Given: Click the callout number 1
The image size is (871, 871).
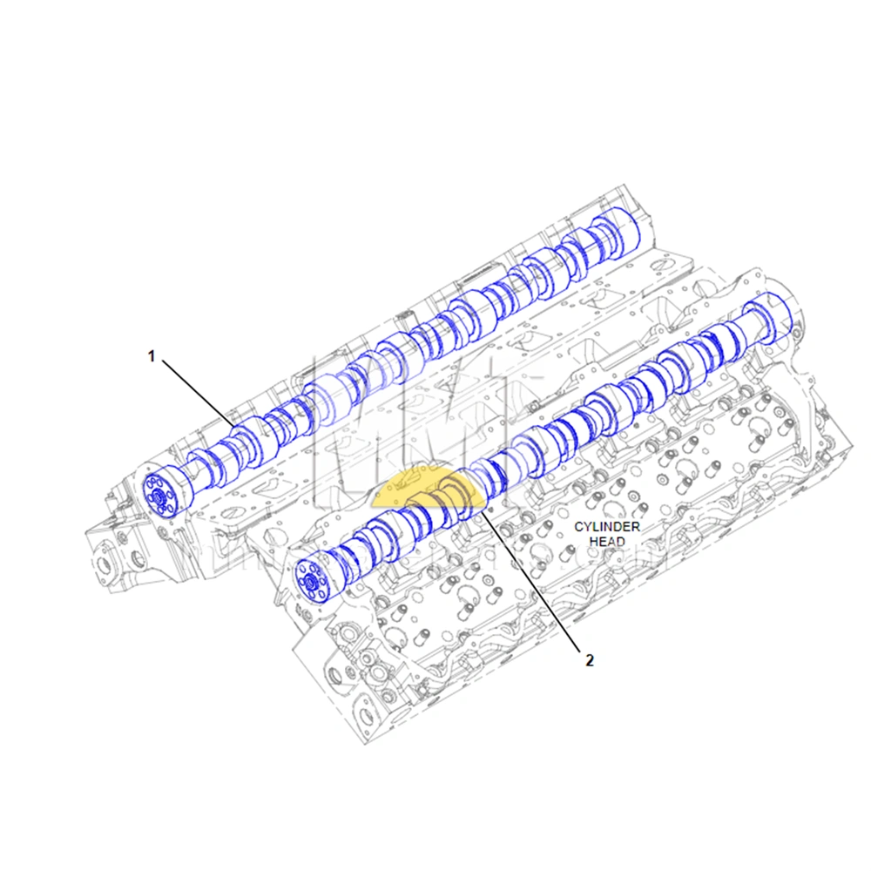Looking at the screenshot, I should click(151, 355).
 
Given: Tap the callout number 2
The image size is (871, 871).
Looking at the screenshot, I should click(589, 660).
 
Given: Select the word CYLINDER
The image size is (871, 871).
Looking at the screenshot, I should click(607, 527).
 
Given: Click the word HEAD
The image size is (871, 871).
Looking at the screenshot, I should click(607, 541).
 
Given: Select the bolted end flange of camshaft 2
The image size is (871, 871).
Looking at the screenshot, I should click(310, 580).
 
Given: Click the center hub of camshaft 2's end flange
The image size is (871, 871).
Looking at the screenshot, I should click(310, 580).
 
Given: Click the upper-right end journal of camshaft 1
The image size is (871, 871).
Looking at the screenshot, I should click(625, 227).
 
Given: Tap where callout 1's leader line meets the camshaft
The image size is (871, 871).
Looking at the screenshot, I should click(233, 424).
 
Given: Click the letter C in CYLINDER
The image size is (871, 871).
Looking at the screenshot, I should click(578, 527).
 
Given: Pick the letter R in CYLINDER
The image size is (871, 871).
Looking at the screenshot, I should click(637, 527).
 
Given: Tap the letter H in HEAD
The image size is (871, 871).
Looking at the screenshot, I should click(593, 541).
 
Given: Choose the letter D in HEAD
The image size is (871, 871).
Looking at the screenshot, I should click(621, 541).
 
